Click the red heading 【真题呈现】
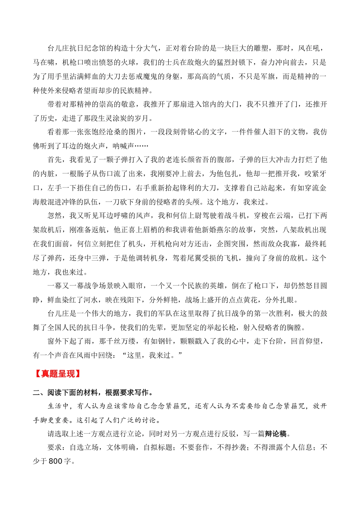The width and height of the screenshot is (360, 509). point(58,374)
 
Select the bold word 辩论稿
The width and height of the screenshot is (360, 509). point(275,434)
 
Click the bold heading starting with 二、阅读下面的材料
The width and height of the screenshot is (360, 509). point(93,392)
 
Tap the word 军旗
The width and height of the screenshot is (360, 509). point(268,77)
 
